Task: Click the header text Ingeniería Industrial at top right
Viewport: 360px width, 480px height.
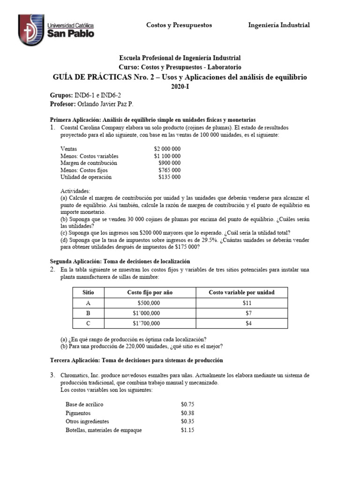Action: (278, 25)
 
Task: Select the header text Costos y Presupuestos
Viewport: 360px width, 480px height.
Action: (179, 25)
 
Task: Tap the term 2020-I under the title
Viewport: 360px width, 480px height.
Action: (180, 87)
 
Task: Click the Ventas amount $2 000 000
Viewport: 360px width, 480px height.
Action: (167, 149)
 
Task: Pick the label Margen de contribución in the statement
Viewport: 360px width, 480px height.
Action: (89, 163)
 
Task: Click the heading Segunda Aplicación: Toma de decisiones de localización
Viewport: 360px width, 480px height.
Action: (120, 261)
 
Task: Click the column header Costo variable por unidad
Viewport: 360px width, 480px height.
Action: (241, 292)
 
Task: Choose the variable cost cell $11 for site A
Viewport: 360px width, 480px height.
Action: (242, 302)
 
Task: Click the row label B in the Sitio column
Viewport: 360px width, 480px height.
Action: (88, 313)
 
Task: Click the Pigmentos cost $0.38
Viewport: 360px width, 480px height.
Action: (187, 413)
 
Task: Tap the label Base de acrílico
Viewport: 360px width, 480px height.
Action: (84, 404)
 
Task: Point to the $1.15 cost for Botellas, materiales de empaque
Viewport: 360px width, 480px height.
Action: (187, 430)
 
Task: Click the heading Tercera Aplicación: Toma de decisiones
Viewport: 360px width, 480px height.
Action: (136, 360)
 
